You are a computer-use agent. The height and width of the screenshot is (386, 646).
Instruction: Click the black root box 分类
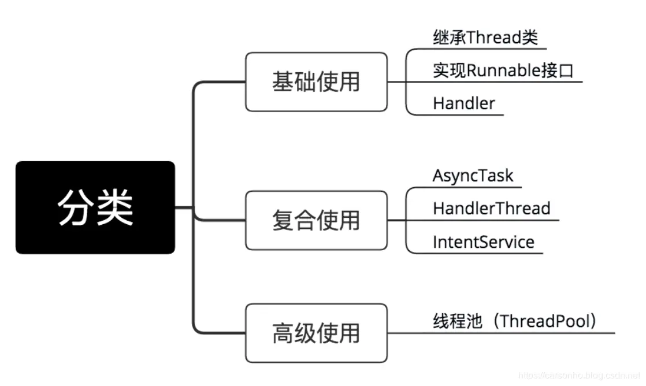pyautogui.click(x=95, y=207)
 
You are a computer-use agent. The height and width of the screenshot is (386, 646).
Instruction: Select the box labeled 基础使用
pyautogui.click(x=316, y=82)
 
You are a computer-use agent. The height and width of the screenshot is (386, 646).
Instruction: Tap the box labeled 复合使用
pyautogui.click(x=316, y=220)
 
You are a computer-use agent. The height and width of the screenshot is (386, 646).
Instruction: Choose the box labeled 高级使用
pyautogui.click(x=316, y=333)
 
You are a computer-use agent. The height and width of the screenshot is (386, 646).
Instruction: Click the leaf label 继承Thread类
pyautogui.click(x=485, y=38)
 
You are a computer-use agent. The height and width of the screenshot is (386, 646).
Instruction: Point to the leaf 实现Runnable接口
pyautogui.click(x=503, y=71)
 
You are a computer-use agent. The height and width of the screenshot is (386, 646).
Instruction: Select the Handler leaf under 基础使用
pyautogui.click(x=464, y=104)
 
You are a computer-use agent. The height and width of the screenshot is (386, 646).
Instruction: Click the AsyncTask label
pyautogui.click(x=473, y=176)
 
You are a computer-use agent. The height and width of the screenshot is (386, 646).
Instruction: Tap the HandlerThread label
pyautogui.click(x=492, y=208)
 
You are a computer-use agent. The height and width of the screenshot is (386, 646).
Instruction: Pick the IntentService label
pyautogui.click(x=484, y=242)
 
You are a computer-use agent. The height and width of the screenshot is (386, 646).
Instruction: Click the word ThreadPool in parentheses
pyautogui.click(x=543, y=321)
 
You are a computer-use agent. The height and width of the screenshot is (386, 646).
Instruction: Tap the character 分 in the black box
pyautogui.click(x=75, y=207)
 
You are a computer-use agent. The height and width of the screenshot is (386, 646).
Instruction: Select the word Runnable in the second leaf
pyautogui.click(x=503, y=71)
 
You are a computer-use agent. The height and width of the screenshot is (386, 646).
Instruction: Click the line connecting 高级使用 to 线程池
pyautogui.click(x=410, y=333)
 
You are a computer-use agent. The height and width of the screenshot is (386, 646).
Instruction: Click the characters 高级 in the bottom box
pyautogui.click(x=294, y=333)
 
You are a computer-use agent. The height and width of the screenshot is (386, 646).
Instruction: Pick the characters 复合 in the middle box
pyautogui.click(x=294, y=220)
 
